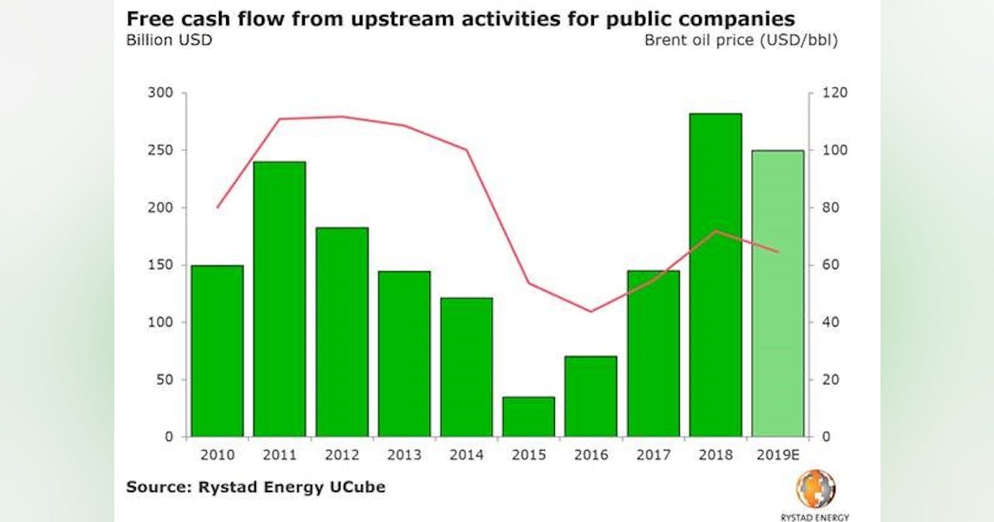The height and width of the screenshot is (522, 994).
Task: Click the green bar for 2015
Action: click(528, 417)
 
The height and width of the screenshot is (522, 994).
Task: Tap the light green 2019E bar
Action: click(777, 293)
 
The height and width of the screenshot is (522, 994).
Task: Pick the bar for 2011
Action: click(279, 299)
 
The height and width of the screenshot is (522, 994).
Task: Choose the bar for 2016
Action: click(591, 396)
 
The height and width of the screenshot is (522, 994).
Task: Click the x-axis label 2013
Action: click(404, 455)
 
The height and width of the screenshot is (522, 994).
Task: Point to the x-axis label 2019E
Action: click(777, 455)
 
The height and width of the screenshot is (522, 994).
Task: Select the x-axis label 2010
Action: click(217, 455)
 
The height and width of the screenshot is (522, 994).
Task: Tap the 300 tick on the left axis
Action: click(161, 93)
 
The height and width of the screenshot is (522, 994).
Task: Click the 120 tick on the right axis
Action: click(829, 93)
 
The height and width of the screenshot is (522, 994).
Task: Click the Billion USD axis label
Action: click(169, 40)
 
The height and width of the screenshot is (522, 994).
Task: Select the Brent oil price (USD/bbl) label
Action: click(741, 40)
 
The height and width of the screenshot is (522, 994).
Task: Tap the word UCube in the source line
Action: click(357, 486)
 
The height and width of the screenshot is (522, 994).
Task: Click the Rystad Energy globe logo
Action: click(815, 489)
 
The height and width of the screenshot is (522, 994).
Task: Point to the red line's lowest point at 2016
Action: click(591, 312)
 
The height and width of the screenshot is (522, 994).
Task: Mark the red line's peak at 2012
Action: click(341, 117)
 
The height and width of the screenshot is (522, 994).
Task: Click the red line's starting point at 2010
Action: click(217, 207)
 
